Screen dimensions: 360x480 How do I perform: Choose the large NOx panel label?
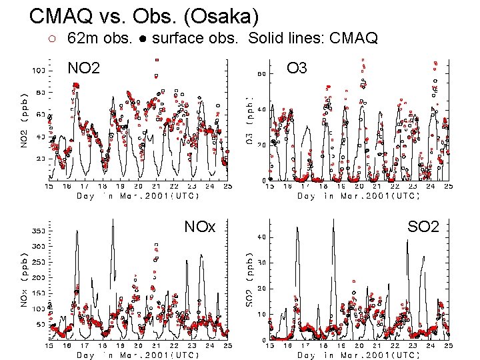200,227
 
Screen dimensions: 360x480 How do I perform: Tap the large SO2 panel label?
423,227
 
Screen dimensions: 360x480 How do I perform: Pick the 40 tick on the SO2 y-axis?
263,237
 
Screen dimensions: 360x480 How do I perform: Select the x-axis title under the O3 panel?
359,196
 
